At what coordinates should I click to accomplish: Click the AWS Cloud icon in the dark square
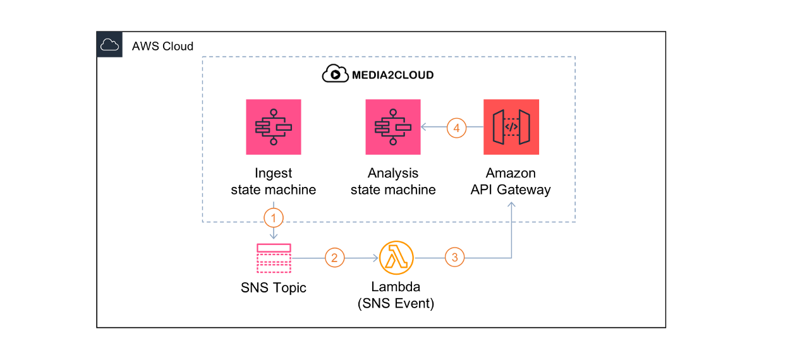tap(109, 45)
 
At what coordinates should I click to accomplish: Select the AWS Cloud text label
tap(162, 46)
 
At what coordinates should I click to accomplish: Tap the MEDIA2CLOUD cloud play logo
tap(335, 73)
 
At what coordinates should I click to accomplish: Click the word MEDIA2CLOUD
tap(392, 75)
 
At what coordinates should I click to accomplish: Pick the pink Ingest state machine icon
tap(274, 127)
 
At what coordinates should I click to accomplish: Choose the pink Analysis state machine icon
tap(393, 127)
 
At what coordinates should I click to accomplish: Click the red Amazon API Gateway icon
tap(511, 127)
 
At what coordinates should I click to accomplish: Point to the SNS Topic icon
tap(274, 258)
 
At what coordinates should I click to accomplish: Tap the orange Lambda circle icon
tap(396, 258)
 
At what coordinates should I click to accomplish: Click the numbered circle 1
tap(274, 218)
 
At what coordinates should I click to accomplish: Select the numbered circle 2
tap(334, 258)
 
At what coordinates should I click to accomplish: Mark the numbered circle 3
tap(454, 257)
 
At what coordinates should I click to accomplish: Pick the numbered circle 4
tap(456, 128)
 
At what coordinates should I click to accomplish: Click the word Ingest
tap(274, 174)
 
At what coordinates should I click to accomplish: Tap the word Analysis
tap(393, 173)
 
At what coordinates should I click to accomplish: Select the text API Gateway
tap(511, 190)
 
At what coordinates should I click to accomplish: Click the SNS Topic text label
tap(274, 288)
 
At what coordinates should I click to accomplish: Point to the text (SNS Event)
tap(396, 303)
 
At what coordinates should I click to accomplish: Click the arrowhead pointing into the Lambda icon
tap(376, 258)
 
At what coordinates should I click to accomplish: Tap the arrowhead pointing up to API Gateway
tap(511, 205)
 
